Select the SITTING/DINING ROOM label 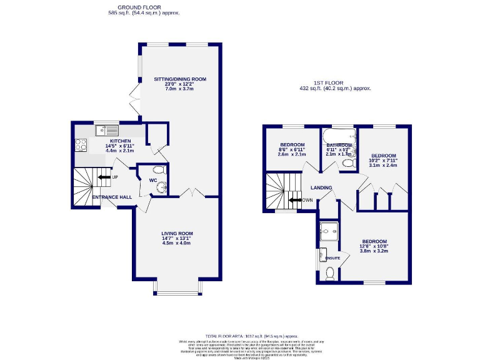(x=180, y=79)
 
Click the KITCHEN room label (x=102, y=142)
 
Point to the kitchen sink (x=107, y=131)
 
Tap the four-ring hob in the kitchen (x=81, y=145)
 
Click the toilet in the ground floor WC (x=159, y=170)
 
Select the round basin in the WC (x=161, y=186)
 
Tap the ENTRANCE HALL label (x=112, y=197)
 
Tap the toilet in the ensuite (x=330, y=273)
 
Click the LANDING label (x=321, y=187)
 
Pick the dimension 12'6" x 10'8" (x=374, y=247)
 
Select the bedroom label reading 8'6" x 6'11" (x=292, y=150)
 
